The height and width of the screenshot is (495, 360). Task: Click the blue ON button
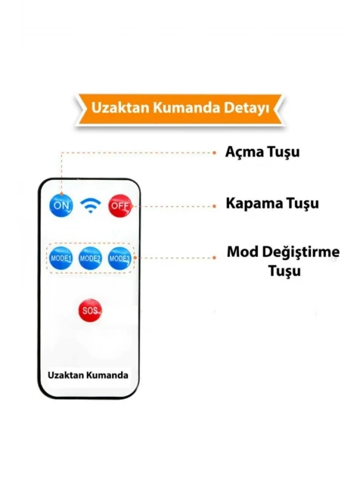[61, 206]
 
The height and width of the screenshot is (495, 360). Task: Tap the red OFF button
[120, 206]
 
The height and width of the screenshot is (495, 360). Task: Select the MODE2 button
[91, 258]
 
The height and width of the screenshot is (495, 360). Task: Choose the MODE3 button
[119, 258]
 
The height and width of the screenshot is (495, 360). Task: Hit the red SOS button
[91, 311]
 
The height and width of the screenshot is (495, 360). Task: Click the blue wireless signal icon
[91, 206]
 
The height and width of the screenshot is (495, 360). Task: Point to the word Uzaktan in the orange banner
[120, 107]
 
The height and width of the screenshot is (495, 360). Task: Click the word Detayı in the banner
[247, 108]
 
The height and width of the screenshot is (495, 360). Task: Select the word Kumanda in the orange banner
[187, 107]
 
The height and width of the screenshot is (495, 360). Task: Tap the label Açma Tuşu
[262, 152]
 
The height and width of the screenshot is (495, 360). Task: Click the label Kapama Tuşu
[272, 203]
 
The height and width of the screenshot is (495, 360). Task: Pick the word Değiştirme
[301, 252]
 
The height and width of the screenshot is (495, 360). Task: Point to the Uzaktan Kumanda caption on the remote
[88, 375]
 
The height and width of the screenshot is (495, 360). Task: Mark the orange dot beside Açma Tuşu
[214, 153]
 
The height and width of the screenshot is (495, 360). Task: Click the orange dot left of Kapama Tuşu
[214, 206]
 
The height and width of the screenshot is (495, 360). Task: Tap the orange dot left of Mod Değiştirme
[214, 258]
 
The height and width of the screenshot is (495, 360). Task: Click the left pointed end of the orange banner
[76, 95]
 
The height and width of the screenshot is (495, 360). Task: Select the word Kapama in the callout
[254, 203]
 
